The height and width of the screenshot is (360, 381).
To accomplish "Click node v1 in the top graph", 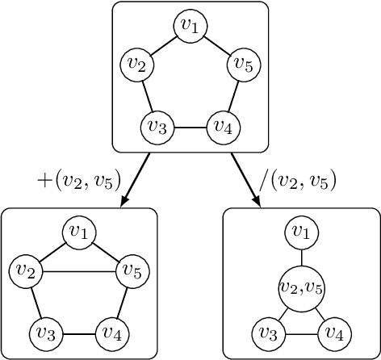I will [190, 26].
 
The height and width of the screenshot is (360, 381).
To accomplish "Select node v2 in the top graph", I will [136, 64].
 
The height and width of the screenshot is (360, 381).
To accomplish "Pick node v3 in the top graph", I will [157, 127].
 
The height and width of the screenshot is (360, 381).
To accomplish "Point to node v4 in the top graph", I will [224, 127].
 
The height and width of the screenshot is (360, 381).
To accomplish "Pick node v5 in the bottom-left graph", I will [132, 270].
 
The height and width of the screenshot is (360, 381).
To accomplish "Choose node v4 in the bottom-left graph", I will [112, 333].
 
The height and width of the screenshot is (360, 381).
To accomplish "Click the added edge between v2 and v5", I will [79, 270].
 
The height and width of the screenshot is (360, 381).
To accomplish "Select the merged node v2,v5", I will [300, 288].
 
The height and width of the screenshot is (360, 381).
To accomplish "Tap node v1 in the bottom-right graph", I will [300, 232].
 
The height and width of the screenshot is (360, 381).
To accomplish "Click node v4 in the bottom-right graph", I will [333, 333].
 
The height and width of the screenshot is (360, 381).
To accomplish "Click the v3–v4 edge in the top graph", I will [190, 127].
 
